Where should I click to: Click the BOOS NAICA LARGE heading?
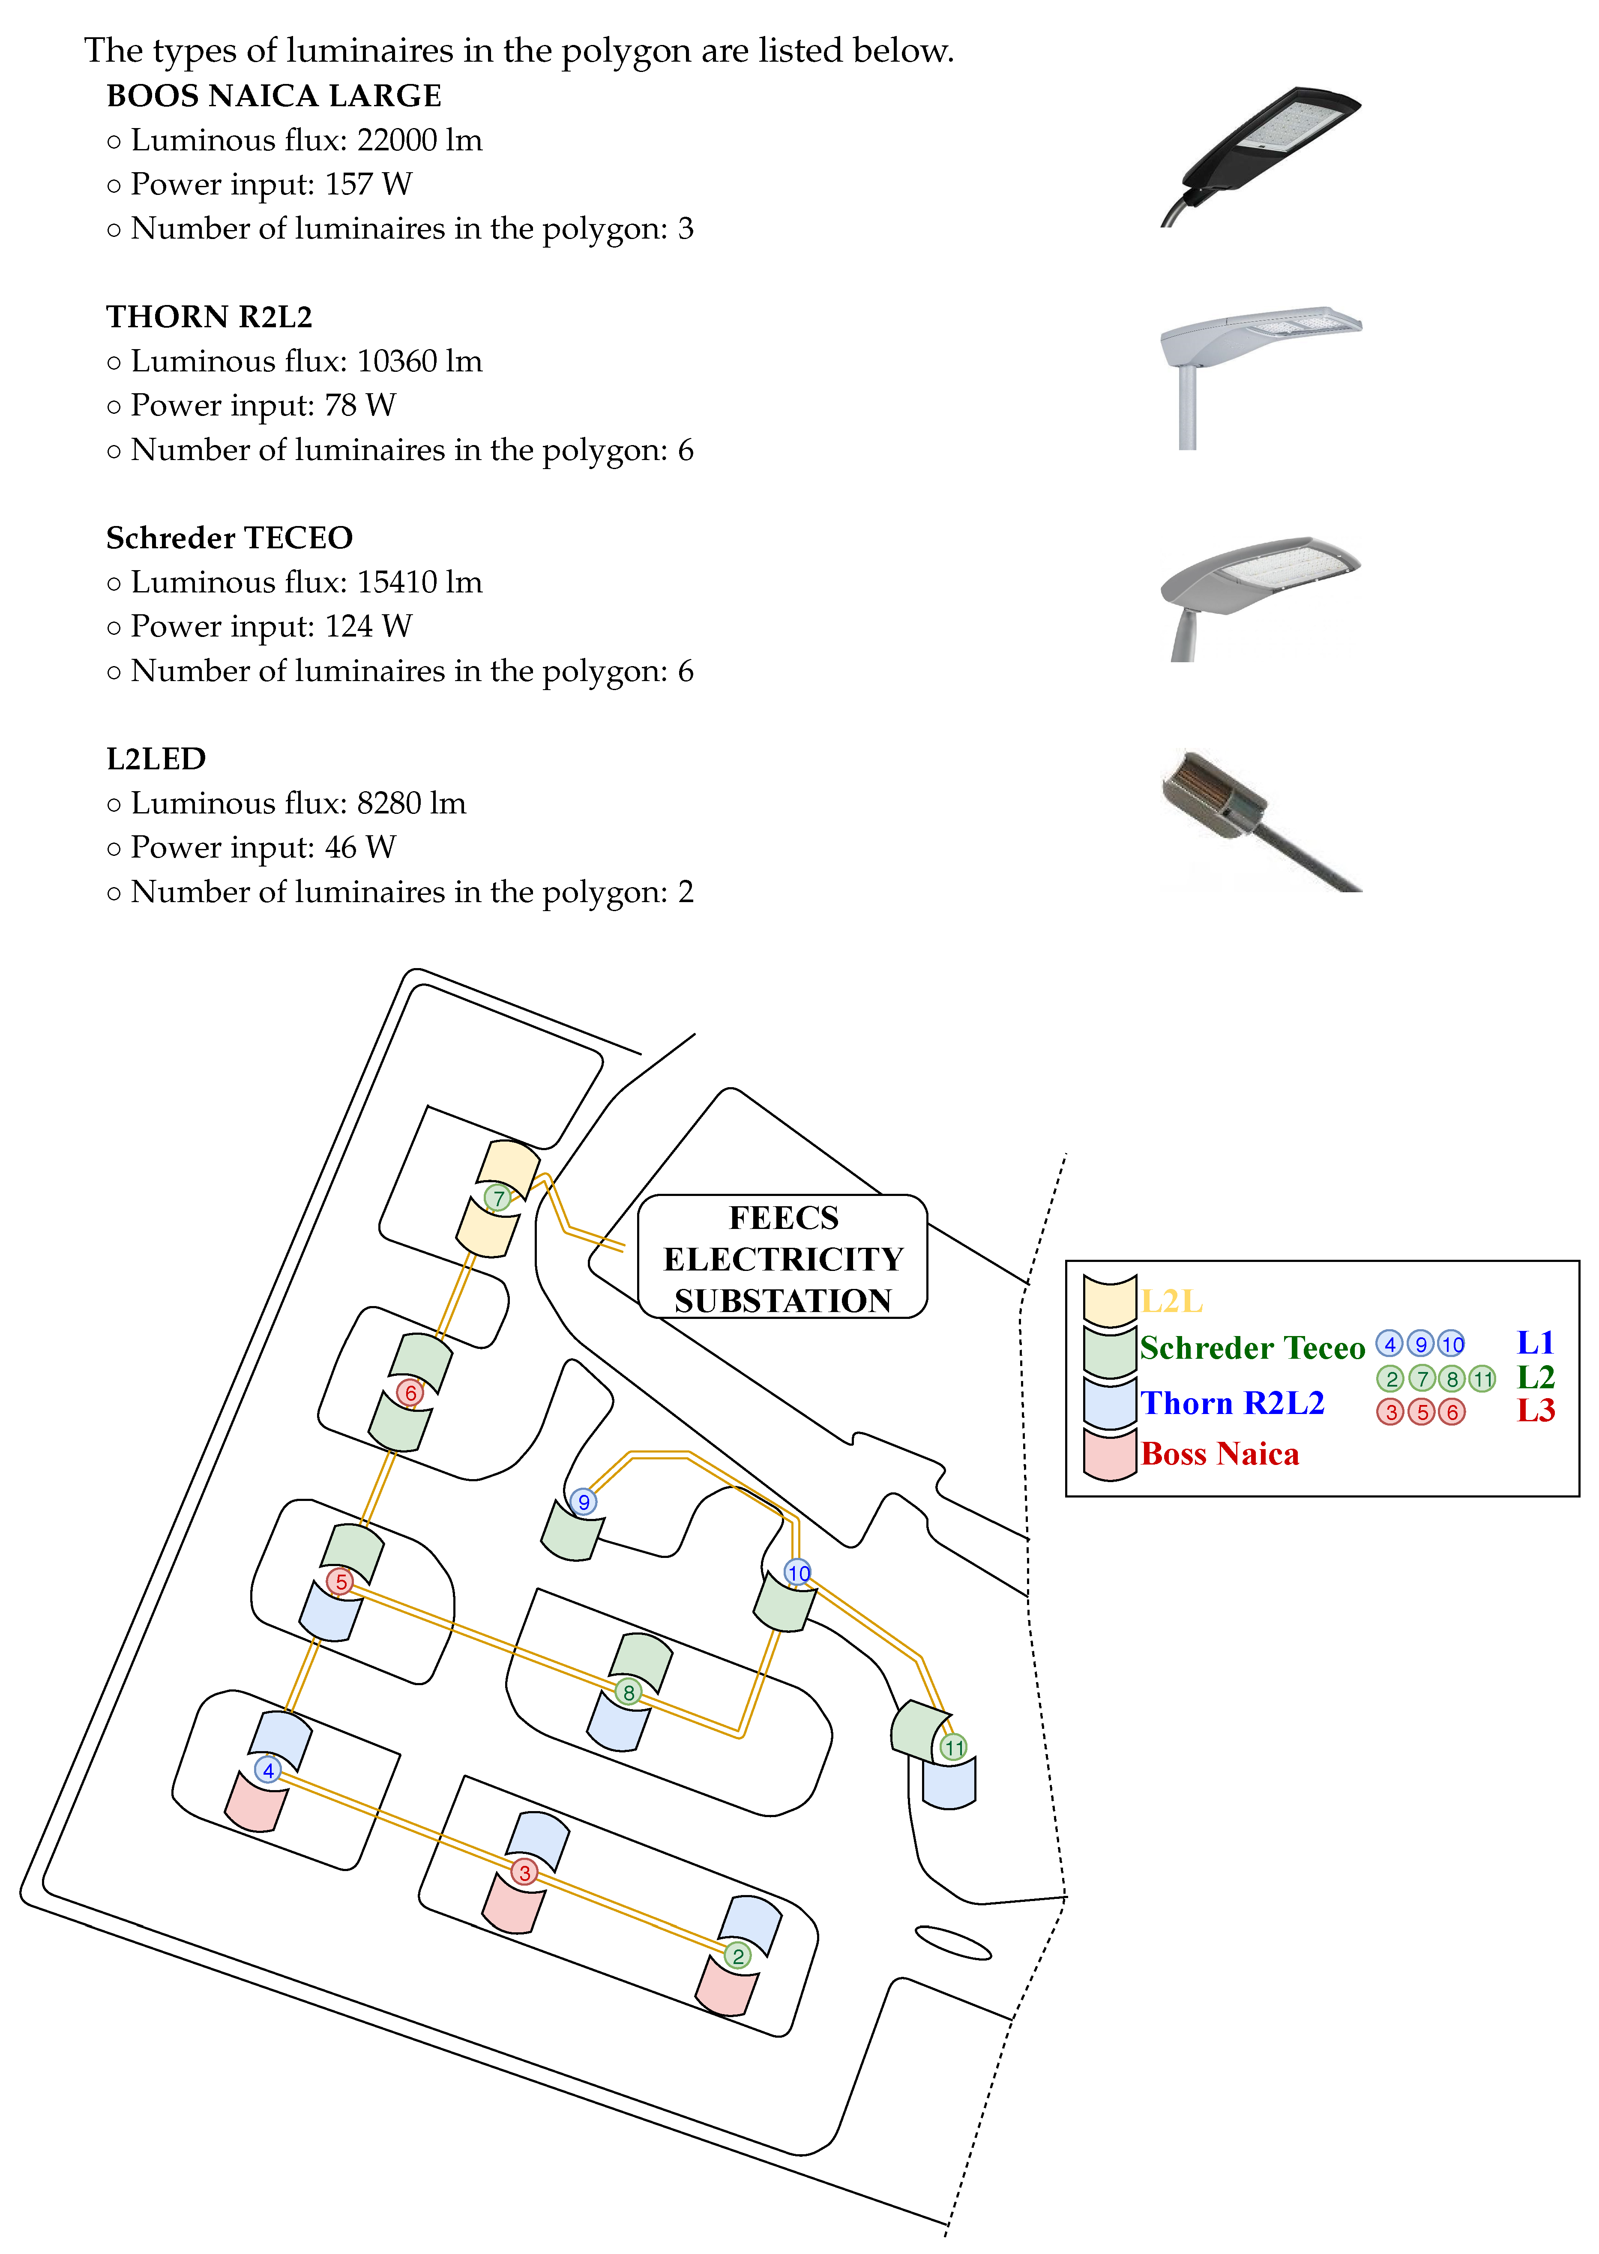tap(274, 96)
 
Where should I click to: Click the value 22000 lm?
tap(419, 141)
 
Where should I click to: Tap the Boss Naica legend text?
tap(1220, 1454)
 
